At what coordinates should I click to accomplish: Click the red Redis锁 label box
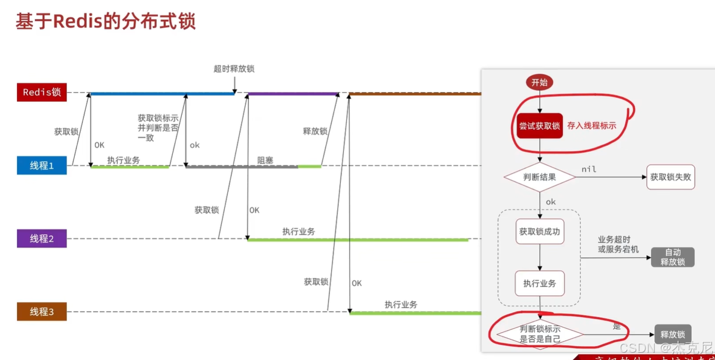pyautogui.click(x=42, y=92)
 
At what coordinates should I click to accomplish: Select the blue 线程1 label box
pyautogui.click(x=42, y=166)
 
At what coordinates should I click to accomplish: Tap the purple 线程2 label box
pyautogui.click(x=42, y=239)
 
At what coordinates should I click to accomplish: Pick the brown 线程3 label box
pyautogui.click(x=42, y=312)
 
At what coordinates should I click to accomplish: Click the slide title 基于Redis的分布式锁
pyautogui.click(x=105, y=22)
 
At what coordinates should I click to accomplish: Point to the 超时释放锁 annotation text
pyautogui.click(x=234, y=69)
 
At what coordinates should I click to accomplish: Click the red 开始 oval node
pyautogui.click(x=539, y=82)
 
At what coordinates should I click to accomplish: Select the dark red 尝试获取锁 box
pyautogui.click(x=539, y=126)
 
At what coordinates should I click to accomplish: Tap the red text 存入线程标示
pyautogui.click(x=591, y=126)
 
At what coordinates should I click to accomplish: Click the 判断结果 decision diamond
pyautogui.click(x=539, y=177)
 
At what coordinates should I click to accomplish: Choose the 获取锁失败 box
pyautogui.click(x=671, y=177)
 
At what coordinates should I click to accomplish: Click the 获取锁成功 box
pyautogui.click(x=540, y=232)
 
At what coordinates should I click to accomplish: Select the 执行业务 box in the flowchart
pyautogui.click(x=540, y=284)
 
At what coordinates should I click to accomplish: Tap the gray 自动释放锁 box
pyautogui.click(x=672, y=257)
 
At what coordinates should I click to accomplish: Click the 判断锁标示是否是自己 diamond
pyautogui.click(x=540, y=334)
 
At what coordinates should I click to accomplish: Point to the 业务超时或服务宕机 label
pyautogui.click(x=618, y=244)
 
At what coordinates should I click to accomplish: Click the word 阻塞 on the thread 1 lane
pyautogui.click(x=265, y=161)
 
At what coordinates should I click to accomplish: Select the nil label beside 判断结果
pyautogui.click(x=589, y=169)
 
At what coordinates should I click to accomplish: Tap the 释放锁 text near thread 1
pyautogui.click(x=315, y=131)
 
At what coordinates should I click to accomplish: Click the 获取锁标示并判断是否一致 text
pyautogui.click(x=158, y=128)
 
